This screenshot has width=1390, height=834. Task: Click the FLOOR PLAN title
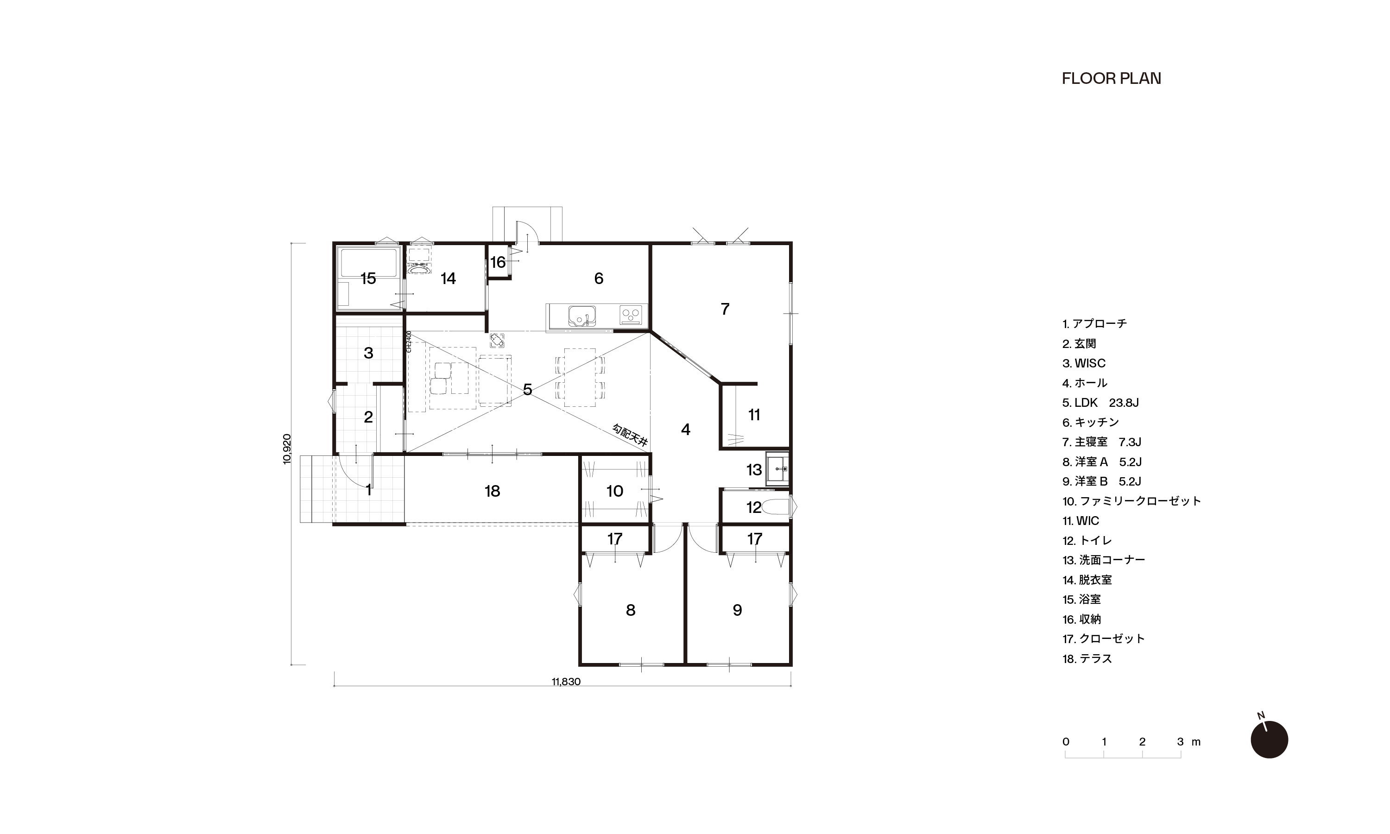(1111, 79)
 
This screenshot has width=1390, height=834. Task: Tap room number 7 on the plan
(725, 309)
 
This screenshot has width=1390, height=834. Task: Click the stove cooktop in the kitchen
(631, 314)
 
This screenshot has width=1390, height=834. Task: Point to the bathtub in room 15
(368, 265)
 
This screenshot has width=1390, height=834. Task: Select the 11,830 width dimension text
(566, 682)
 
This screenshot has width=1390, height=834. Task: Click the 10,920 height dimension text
(287, 449)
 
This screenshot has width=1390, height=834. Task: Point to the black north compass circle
(1269, 739)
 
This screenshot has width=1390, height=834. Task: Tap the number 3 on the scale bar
(1181, 742)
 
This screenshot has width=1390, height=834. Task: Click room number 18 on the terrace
(492, 491)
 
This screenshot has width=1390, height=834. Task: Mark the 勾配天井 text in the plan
(630, 435)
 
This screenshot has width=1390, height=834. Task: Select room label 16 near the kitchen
(498, 262)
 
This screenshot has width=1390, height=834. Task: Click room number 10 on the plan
(615, 491)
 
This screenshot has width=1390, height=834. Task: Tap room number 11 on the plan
(754, 415)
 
